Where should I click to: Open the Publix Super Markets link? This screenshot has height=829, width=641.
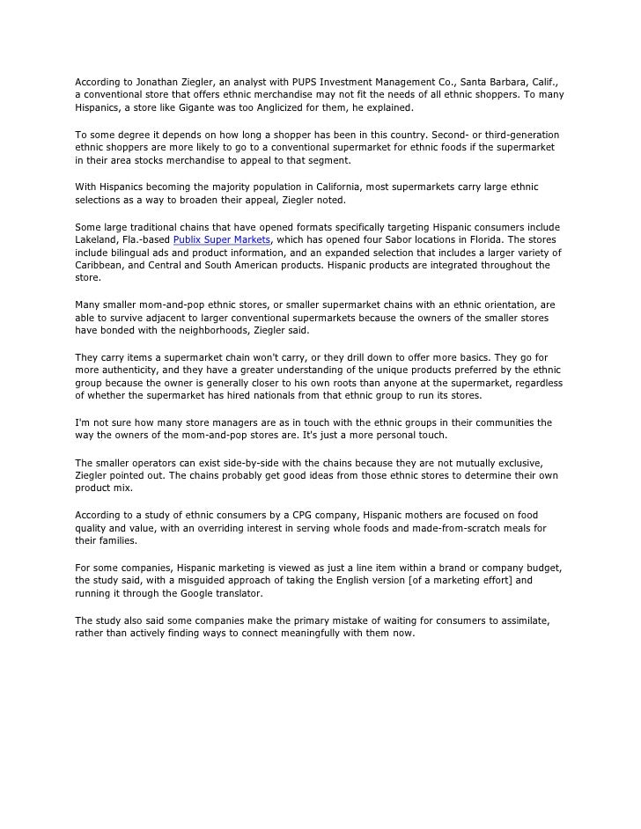(x=222, y=240)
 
